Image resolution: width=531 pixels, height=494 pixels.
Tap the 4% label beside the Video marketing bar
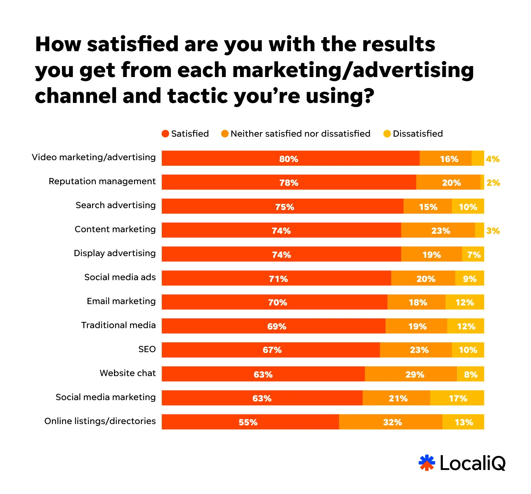pyautogui.click(x=492, y=159)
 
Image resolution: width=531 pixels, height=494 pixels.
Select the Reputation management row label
pyautogui.click(x=102, y=181)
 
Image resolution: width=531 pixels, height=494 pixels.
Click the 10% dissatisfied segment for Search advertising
pyautogui.click(x=468, y=207)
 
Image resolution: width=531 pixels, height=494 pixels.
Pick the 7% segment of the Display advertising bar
pyautogui.click(x=473, y=254)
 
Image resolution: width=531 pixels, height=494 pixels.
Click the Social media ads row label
pyautogui.click(x=120, y=277)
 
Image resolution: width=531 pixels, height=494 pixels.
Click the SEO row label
pyautogui.click(x=147, y=349)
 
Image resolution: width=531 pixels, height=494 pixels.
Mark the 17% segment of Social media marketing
pyautogui.click(x=457, y=398)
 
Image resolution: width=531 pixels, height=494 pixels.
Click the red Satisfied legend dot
pyautogui.click(x=165, y=134)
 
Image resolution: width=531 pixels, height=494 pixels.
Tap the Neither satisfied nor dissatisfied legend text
pyautogui.click(x=300, y=134)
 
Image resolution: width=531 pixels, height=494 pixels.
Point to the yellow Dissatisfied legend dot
pyautogui.click(x=387, y=134)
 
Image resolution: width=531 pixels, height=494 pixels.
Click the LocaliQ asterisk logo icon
pyautogui.click(x=427, y=463)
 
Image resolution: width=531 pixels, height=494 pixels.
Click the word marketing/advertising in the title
pyautogui.click(x=353, y=70)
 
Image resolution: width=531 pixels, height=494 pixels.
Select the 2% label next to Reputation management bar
pyautogui.click(x=493, y=183)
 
